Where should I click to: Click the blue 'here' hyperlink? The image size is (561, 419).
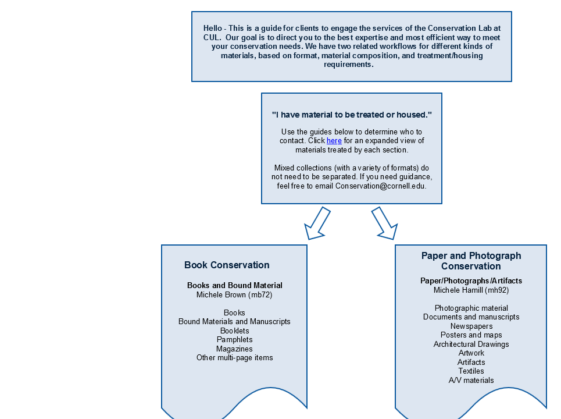pyautogui.click(x=334, y=141)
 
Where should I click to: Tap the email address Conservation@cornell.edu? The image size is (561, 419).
pyautogui.click(x=380, y=186)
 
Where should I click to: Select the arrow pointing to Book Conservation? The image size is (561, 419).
pyautogui.click(x=317, y=223)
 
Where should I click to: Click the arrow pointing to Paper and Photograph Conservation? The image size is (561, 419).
pyautogui.click(x=385, y=223)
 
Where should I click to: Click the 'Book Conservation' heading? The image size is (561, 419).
pyautogui.click(x=227, y=265)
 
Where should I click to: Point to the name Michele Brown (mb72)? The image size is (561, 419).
pyautogui.click(x=234, y=294)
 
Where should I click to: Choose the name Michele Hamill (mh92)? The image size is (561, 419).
pyautogui.click(x=471, y=290)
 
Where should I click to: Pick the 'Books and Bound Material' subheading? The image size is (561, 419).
pyautogui.click(x=235, y=285)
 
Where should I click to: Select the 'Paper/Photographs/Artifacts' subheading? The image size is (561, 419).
pyautogui.click(x=471, y=280)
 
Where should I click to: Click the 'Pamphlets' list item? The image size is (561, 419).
pyautogui.click(x=235, y=339)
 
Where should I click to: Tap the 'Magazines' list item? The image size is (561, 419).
pyautogui.click(x=234, y=349)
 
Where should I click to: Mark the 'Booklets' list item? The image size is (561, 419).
pyautogui.click(x=235, y=331)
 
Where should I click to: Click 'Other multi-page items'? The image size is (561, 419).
pyautogui.click(x=235, y=358)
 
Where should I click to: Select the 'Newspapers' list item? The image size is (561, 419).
pyautogui.click(x=471, y=326)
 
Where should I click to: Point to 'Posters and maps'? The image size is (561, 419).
pyautogui.click(x=471, y=335)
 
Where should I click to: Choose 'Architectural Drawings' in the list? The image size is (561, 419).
pyautogui.click(x=471, y=344)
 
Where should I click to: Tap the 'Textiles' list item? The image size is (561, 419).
pyautogui.click(x=471, y=371)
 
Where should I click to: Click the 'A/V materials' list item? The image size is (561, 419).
pyautogui.click(x=471, y=381)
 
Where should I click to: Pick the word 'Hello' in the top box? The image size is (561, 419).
pyautogui.click(x=213, y=29)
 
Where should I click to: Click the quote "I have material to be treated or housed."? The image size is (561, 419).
pyautogui.click(x=352, y=115)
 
